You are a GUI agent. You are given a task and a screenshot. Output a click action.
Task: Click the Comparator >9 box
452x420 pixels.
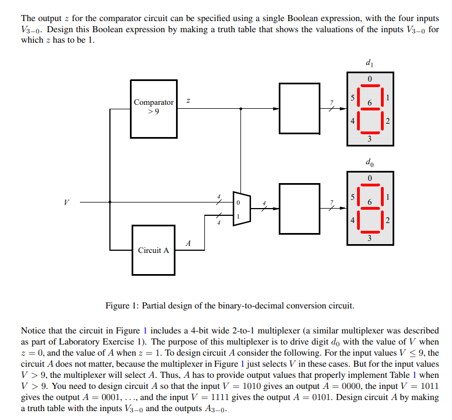[x=154, y=108]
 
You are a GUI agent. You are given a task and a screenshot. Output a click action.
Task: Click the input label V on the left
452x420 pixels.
[x=67, y=202]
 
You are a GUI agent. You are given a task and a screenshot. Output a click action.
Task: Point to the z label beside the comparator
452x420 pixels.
[x=188, y=101]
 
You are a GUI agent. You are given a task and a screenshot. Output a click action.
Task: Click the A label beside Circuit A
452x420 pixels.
[x=189, y=242]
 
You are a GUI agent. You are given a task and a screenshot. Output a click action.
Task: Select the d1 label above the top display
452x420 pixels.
[x=370, y=63]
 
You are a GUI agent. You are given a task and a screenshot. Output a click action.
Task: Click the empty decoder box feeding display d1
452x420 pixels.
[x=300, y=108]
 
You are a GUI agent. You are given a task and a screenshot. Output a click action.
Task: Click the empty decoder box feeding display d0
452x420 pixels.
[x=300, y=208]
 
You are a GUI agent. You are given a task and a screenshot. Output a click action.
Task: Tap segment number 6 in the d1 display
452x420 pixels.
[x=370, y=103]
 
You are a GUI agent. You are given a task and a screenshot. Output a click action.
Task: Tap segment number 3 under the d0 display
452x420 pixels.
[x=370, y=239]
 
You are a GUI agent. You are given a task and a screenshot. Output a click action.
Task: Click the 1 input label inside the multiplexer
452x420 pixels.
[x=238, y=215]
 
